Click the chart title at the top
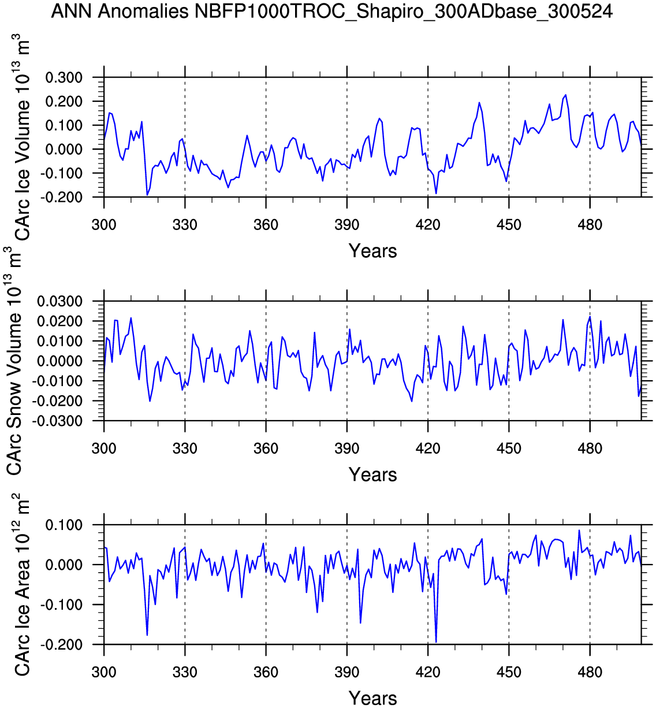click(331, 11)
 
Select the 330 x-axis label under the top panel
click(185, 225)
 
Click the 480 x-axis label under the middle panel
click(590, 448)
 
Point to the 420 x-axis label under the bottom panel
click(428, 672)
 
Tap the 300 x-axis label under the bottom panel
click(104, 672)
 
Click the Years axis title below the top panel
click(372, 251)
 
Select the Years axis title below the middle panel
click(372, 475)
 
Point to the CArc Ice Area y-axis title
click(21, 584)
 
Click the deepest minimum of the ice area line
click(436, 642)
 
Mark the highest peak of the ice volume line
click(565, 95)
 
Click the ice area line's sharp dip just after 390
click(360, 622)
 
